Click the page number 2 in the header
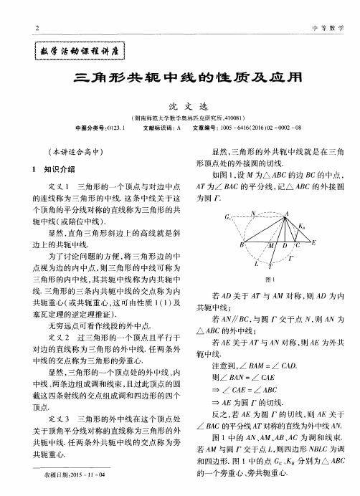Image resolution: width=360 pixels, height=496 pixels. [37, 28]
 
